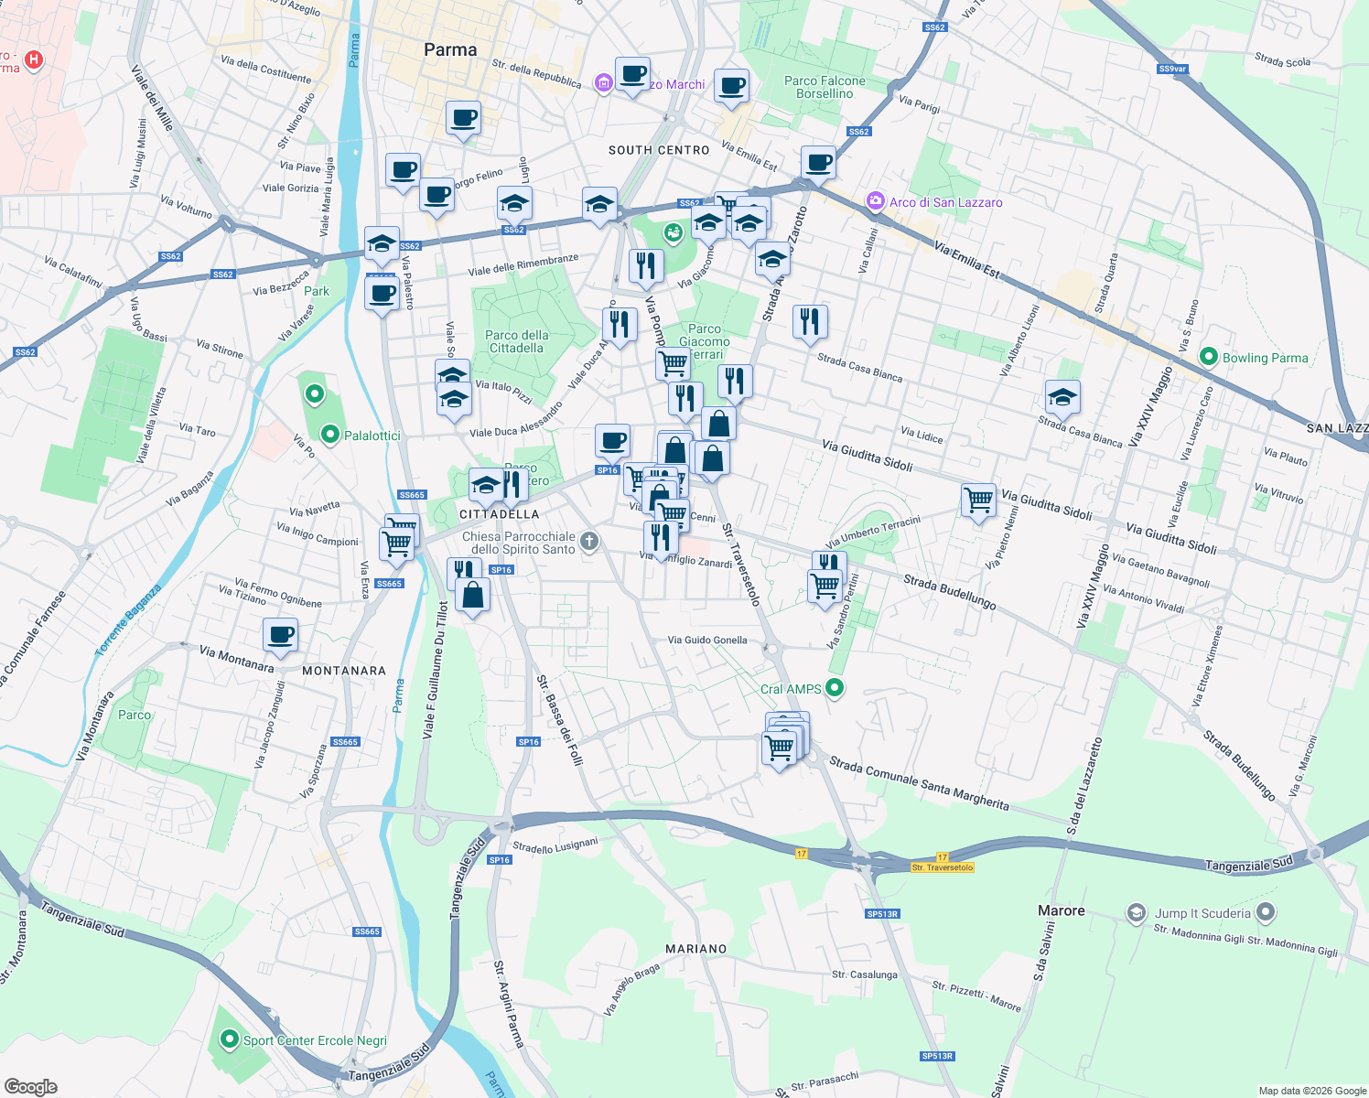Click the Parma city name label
tap(450, 50)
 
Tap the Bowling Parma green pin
tap(1208, 357)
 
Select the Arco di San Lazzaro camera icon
tap(876, 201)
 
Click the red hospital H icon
tap(34, 60)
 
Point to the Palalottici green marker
tap(330, 435)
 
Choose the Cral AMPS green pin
tap(834, 688)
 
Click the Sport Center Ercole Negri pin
tap(228, 1040)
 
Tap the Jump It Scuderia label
tap(1202, 913)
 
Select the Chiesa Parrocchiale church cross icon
tap(589, 542)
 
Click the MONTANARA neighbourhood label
tap(344, 671)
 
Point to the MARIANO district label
tap(695, 949)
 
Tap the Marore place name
tap(1061, 910)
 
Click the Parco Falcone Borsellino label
tap(825, 87)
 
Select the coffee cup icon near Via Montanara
tap(281, 633)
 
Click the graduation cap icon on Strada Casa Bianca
tap(1062, 397)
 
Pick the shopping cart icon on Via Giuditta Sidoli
tap(978, 500)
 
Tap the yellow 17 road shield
tap(802, 854)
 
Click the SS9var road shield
tap(1171, 69)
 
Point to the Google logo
tap(31, 1087)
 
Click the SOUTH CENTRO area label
tap(659, 150)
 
